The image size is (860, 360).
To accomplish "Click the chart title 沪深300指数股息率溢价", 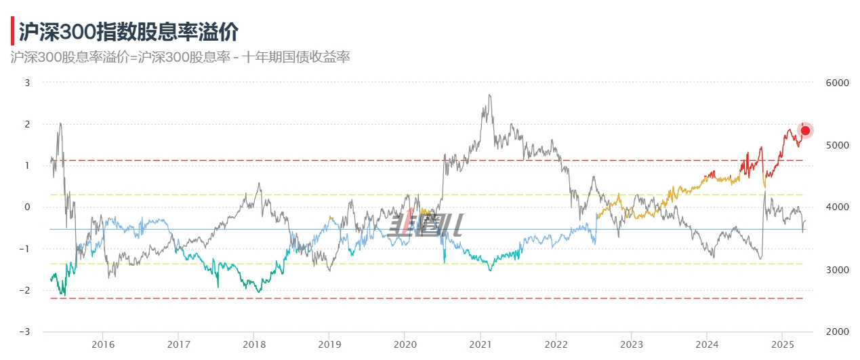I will tap(128, 31).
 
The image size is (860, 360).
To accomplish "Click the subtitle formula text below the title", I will tap(180, 57).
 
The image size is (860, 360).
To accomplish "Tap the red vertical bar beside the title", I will tap(12, 31).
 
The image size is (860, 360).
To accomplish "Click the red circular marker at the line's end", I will tap(806, 131).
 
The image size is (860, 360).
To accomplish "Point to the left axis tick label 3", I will tap(27, 83).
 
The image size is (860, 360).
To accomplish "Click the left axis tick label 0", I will tap(27, 207).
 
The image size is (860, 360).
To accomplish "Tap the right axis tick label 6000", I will tap(838, 83).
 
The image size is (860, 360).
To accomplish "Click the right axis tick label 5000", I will tap(838, 145).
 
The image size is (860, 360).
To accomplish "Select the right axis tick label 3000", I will tap(838, 270).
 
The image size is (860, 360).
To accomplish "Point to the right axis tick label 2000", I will tap(838, 332).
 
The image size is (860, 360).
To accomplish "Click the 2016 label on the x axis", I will tap(102, 344).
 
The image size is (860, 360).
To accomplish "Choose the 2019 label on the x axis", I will tap(329, 344).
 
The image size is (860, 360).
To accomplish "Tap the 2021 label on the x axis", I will tap(480, 344).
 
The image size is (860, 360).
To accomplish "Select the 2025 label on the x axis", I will tap(782, 344).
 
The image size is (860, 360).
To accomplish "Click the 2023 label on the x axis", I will tap(631, 344).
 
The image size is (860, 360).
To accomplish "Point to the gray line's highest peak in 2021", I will tap(489, 96).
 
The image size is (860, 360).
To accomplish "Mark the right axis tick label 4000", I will tap(838, 207).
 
